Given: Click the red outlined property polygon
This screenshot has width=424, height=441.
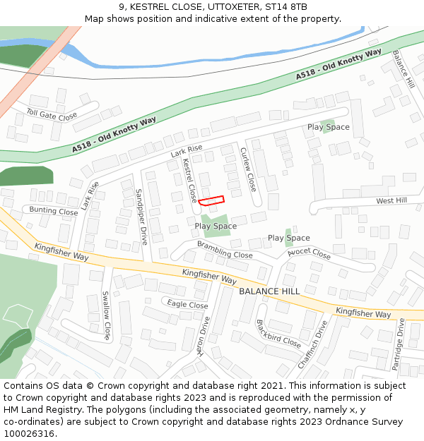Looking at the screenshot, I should (211, 200).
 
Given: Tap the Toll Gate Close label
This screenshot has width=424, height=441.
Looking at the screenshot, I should (52, 114).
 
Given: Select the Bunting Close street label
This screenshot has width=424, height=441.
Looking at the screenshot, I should (54, 211).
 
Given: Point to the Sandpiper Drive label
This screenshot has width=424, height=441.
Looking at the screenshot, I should (141, 216).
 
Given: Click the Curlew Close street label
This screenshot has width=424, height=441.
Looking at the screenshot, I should (248, 169).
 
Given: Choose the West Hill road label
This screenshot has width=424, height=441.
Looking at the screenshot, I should (391, 200).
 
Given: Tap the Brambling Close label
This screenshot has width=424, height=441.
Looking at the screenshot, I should (225, 250).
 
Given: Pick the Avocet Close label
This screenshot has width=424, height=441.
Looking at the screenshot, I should (309, 253).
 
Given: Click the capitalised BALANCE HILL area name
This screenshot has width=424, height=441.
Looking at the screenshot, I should (269, 291).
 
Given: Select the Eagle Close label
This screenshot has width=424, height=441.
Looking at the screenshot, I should (187, 305).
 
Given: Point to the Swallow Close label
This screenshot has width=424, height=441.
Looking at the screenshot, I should (107, 315).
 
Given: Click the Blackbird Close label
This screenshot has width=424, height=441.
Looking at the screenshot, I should (278, 334).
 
